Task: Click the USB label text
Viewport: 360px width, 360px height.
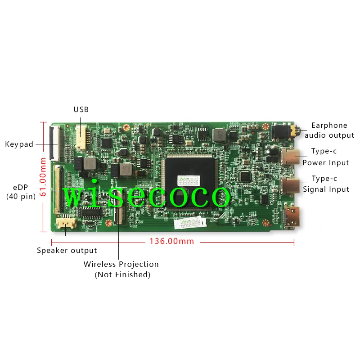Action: pos(81,109)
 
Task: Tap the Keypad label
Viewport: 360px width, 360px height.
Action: pos(19,144)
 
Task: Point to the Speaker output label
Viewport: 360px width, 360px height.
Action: pos(67,251)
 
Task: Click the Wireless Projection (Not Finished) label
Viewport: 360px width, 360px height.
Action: pos(121,269)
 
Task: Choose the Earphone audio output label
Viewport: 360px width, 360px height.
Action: pos(329,130)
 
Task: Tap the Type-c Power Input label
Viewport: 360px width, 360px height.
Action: pos(325,157)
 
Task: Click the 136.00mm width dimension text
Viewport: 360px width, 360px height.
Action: pos(172,242)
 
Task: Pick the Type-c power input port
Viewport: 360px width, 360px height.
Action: pos(290,158)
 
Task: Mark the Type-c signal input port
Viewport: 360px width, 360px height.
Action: pos(290,185)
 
